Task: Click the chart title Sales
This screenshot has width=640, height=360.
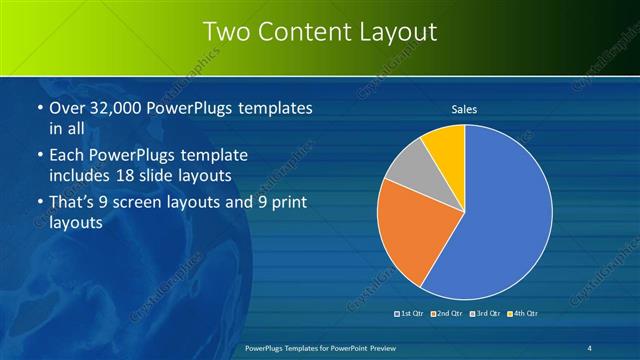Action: pyautogui.click(x=464, y=108)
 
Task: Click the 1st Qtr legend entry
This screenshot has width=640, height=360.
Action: pyautogui.click(x=411, y=314)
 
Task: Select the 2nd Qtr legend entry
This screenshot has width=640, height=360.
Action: pyautogui.click(x=446, y=314)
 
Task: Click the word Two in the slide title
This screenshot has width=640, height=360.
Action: pyautogui.click(x=224, y=32)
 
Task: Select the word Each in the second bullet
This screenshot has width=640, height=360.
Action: pyautogui.click(x=66, y=155)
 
